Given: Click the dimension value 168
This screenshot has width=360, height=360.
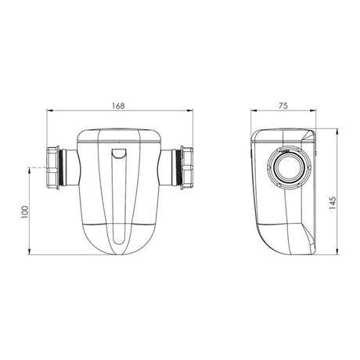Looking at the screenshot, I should [117, 105].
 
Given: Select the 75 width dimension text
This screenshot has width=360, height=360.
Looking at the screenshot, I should [283, 105].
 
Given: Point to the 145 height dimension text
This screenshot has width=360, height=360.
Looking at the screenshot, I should [333, 202].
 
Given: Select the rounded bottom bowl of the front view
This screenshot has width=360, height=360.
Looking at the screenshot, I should [121, 235].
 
